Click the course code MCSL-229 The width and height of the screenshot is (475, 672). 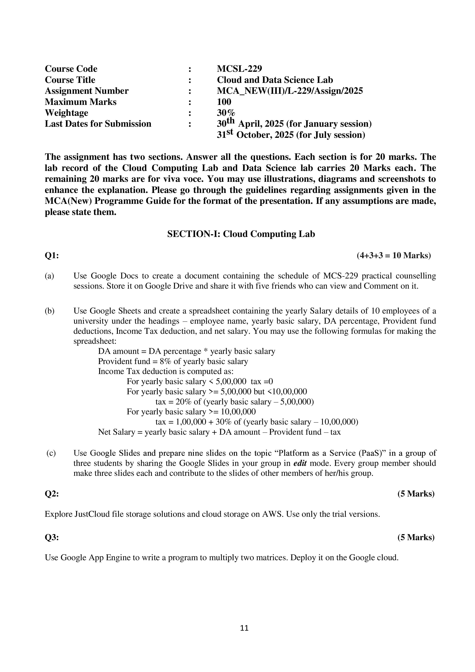239,69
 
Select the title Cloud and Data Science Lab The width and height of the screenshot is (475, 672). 275,80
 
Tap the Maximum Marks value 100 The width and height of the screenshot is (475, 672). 224,102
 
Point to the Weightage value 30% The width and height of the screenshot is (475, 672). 226,113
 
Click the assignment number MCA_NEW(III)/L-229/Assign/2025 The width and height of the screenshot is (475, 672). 290,91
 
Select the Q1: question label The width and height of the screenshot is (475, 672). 52,256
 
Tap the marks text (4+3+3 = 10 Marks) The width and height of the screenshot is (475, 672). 393,256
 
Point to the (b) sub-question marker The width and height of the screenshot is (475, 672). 49,311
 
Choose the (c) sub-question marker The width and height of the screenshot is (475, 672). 51,453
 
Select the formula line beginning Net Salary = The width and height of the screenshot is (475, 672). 219,432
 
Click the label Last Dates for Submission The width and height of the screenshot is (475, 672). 98,124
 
